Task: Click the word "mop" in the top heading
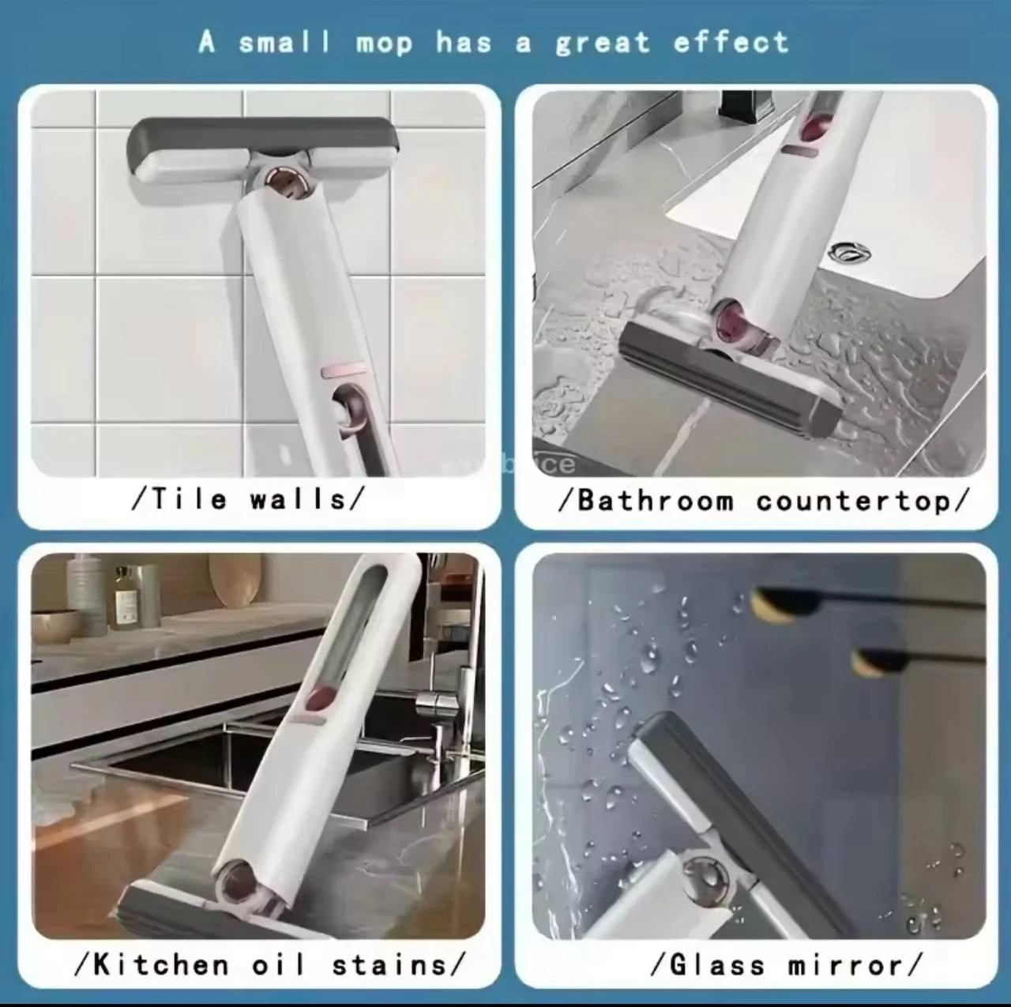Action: click(x=384, y=43)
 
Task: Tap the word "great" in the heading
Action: click(x=602, y=43)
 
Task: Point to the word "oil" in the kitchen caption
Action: click(x=278, y=964)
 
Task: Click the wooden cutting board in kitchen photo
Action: click(x=235, y=581)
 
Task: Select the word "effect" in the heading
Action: click(x=731, y=43)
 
